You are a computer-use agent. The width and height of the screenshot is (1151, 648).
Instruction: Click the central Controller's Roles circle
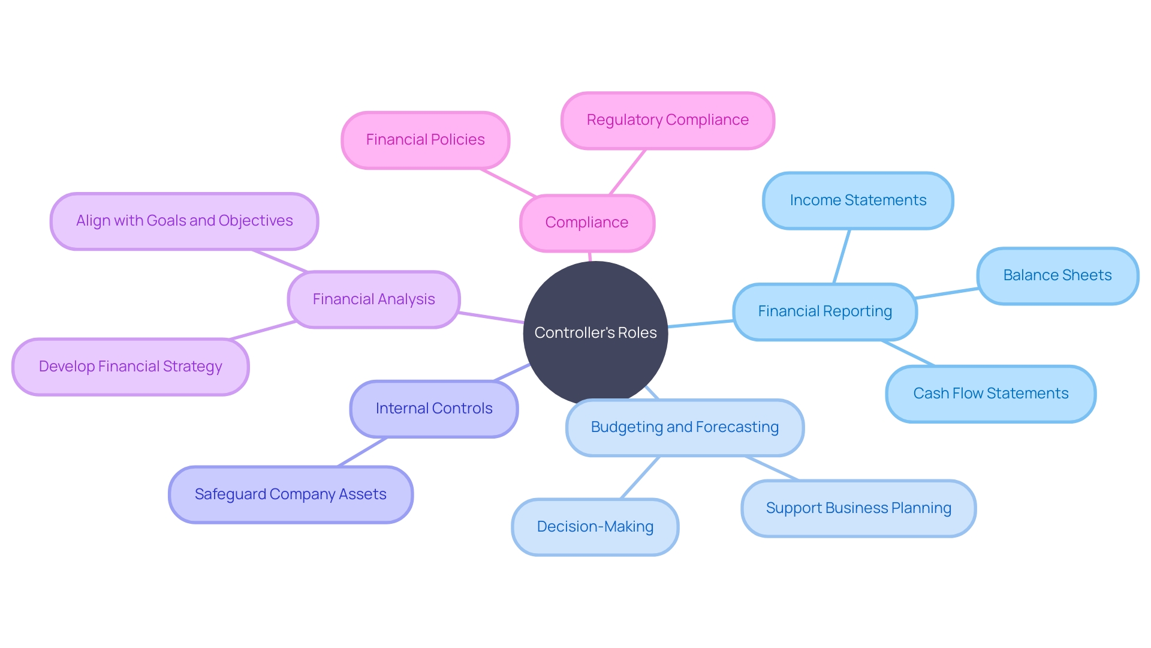[595, 332]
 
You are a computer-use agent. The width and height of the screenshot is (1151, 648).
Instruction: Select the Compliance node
[587, 223]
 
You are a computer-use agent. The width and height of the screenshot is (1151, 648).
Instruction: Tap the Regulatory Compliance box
[667, 120]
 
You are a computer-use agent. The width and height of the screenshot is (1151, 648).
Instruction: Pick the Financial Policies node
[425, 140]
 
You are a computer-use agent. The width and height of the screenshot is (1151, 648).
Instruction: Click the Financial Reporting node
[825, 311]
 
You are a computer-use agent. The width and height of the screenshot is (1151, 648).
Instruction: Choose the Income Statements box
[858, 200]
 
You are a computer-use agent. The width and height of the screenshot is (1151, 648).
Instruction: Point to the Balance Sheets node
[1057, 275]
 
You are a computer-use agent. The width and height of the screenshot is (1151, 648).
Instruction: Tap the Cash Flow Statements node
[990, 394]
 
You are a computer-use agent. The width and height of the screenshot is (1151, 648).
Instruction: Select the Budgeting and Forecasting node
[685, 427]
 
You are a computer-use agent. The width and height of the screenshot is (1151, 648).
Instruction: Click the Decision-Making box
[595, 527]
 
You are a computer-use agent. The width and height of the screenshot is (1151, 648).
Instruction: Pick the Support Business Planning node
[858, 508]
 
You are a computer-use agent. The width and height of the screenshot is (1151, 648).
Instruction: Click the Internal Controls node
[433, 409]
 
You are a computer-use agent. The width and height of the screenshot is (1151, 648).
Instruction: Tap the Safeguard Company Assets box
[291, 494]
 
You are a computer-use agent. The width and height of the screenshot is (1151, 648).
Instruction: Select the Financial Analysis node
[373, 299]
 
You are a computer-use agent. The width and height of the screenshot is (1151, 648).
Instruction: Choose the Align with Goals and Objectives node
[184, 221]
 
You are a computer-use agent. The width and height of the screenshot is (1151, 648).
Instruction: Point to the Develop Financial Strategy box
[130, 367]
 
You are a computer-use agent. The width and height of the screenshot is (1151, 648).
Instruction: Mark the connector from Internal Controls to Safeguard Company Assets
[363, 452]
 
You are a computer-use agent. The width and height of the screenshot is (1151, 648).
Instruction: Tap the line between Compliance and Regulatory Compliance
[628, 172]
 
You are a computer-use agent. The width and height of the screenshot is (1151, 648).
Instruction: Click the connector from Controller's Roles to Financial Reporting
[701, 324]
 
